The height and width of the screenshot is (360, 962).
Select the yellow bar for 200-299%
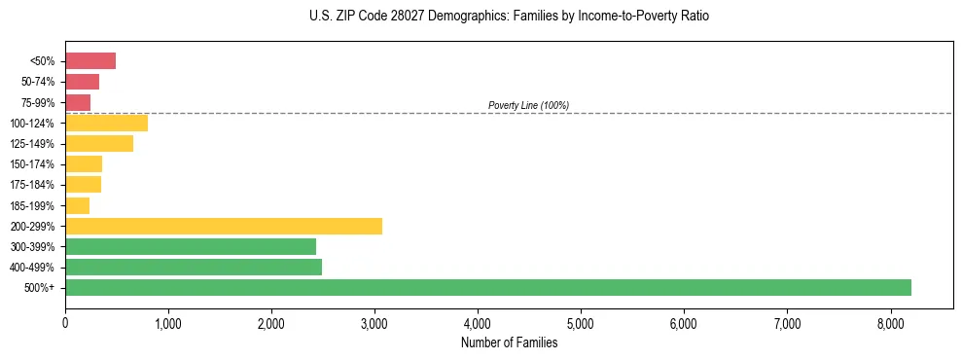[x=224, y=226]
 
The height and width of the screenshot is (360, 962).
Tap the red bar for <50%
[x=90, y=61]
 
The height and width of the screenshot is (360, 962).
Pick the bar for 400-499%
[x=194, y=267]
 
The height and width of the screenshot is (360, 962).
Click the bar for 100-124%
[x=106, y=124]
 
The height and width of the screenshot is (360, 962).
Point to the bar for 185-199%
[x=78, y=205]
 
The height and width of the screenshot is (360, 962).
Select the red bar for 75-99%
[x=78, y=102]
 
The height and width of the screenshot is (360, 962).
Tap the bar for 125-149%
[x=99, y=144]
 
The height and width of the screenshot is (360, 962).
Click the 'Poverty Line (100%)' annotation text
[x=528, y=105]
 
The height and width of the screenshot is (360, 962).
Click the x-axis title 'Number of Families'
[x=509, y=342]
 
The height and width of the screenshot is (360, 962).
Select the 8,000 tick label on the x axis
[x=890, y=323]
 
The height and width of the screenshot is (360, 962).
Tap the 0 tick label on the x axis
[x=65, y=323]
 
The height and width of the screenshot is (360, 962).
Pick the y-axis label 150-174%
[x=33, y=164]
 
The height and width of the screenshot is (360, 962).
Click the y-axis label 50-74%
[x=38, y=82]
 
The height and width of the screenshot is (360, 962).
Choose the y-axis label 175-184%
[x=33, y=185]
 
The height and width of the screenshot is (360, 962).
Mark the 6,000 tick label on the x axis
[x=684, y=323]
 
